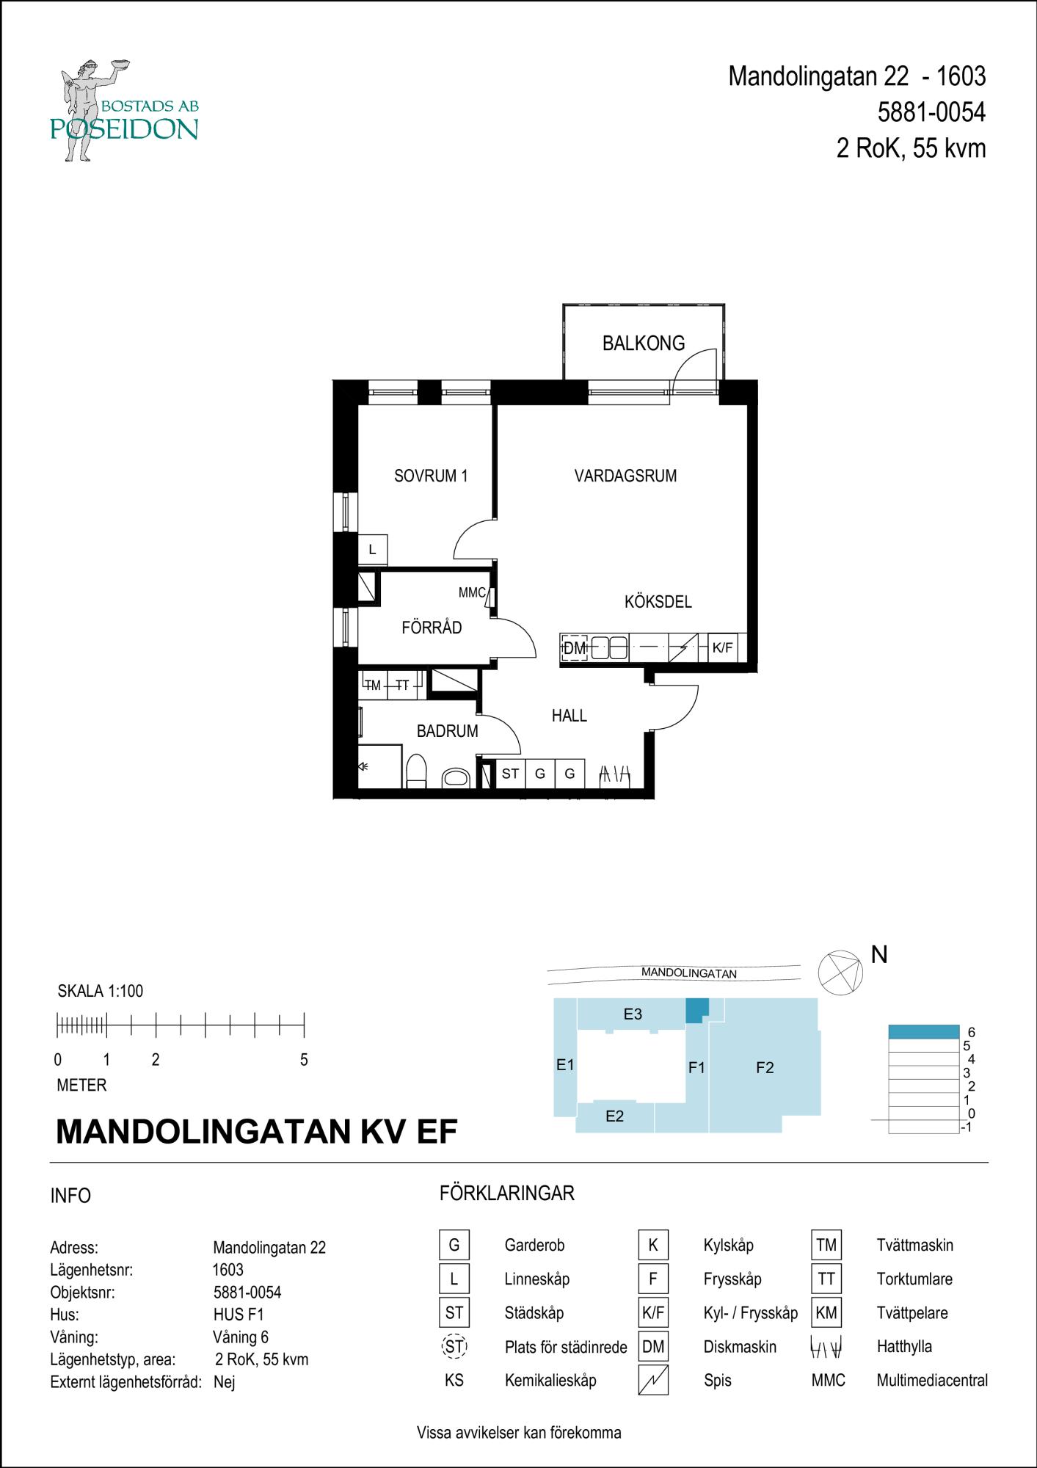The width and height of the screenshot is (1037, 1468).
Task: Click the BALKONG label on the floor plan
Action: pos(643,343)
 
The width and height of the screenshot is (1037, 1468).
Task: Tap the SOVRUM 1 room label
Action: pos(431,476)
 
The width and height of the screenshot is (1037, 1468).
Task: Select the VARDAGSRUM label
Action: pos(625,476)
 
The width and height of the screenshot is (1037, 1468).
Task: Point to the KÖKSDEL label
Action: pos(658,602)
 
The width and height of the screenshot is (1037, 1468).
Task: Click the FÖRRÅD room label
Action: pos(432,627)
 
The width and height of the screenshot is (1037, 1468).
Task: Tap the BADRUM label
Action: pos(447,731)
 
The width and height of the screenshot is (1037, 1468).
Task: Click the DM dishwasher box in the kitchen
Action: pos(575,648)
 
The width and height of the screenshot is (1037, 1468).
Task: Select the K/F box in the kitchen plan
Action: pos(722,648)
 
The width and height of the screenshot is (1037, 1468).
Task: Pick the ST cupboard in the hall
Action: pos(510,774)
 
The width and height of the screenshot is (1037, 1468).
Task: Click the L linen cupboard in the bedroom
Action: pos(372,550)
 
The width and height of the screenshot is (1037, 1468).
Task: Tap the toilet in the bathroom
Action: pos(416,771)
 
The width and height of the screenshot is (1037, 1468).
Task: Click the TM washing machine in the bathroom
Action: pos(373,686)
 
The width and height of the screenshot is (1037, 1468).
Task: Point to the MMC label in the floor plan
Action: pos(472,592)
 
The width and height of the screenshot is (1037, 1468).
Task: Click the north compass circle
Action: pos(841,973)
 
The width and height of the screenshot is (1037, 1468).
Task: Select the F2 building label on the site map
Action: pos(765,1068)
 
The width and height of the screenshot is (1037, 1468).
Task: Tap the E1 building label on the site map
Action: pos(564,1064)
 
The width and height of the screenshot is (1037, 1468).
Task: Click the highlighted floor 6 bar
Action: pos(924,1032)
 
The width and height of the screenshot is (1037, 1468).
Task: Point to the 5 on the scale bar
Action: pos(304,1060)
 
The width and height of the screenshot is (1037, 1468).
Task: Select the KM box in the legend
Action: pos(826,1312)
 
